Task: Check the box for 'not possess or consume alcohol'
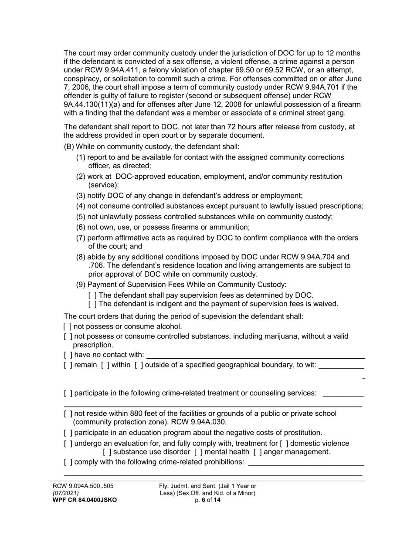pos(68,326)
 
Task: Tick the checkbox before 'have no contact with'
pos(68,355)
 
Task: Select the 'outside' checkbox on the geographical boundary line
pos(139,365)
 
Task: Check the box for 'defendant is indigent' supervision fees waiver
pos(92,304)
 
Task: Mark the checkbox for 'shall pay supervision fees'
pos(92,295)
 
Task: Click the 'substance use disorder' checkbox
pos(107,452)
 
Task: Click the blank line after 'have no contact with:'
pos(255,356)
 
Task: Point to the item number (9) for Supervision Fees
pos(81,285)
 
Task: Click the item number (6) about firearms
pos(81,227)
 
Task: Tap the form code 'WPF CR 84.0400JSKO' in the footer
pos(84,500)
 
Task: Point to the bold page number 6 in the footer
pos(204,500)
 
